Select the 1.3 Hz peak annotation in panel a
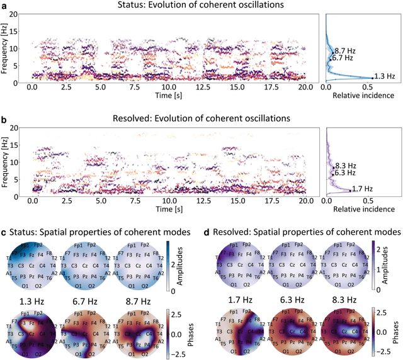(383, 76)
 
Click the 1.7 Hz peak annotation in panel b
(362, 189)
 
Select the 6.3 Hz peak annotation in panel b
(344, 172)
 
